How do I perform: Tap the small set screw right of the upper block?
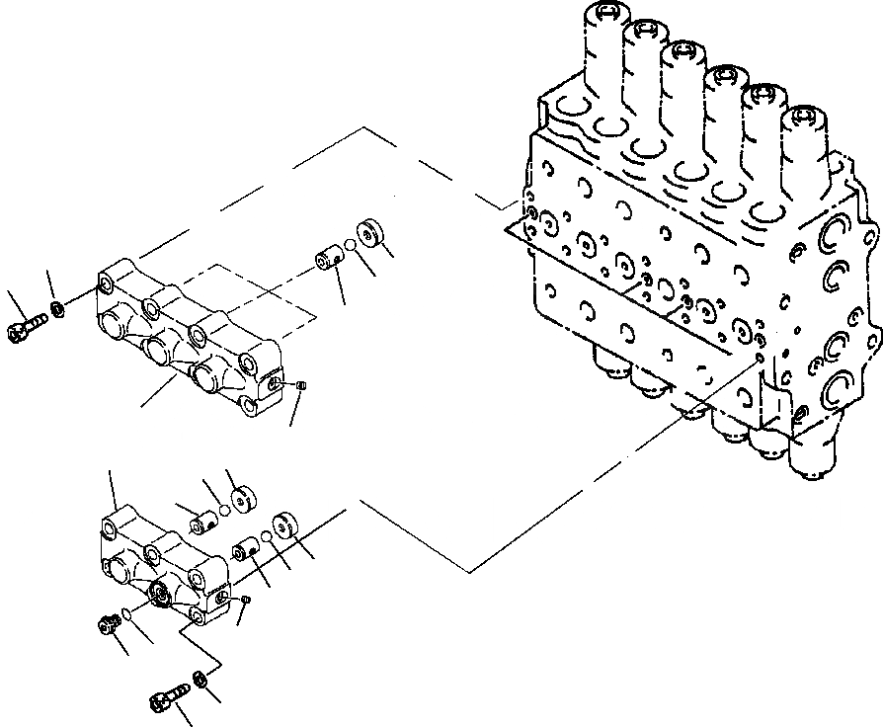[303, 385]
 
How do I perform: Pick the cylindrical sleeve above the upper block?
[328, 263]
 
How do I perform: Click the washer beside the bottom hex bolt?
[201, 679]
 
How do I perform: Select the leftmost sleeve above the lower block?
[204, 518]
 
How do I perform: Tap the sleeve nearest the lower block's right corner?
[245, 548]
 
